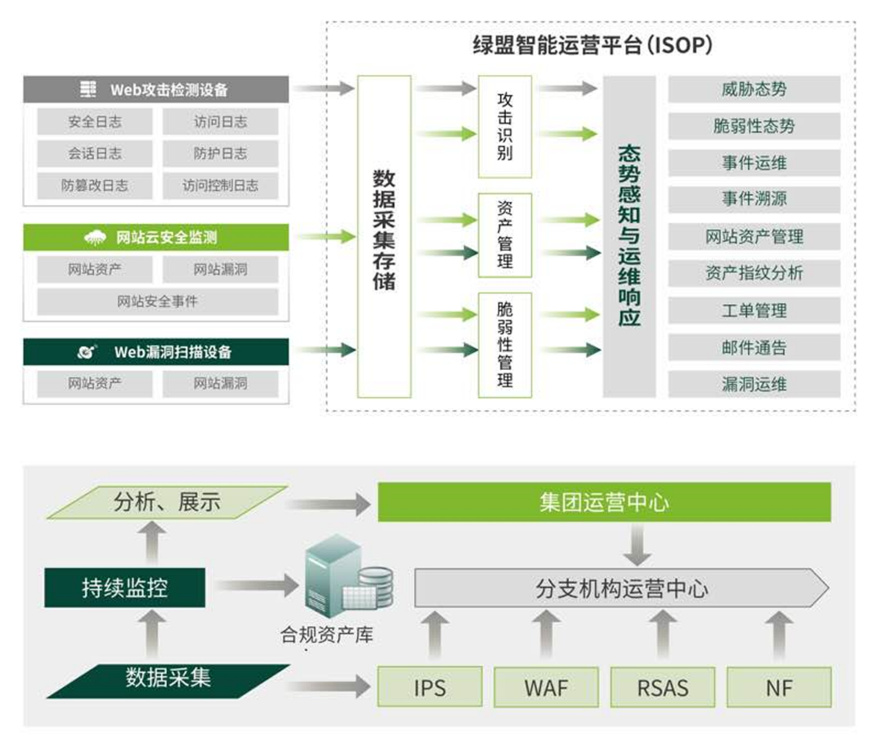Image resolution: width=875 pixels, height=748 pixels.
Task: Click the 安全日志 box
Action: [94, 122]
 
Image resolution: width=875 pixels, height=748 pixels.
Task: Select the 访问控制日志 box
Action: [220, 185]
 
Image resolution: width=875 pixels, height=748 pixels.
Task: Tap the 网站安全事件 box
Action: [157, 301]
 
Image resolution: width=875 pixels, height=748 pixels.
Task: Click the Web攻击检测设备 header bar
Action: [156, 90]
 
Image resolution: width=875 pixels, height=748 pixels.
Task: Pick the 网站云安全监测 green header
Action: [156, 238]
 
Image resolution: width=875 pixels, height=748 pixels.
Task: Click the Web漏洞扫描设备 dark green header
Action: [156, 352]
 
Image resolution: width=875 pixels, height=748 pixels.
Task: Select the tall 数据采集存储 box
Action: [383, 236]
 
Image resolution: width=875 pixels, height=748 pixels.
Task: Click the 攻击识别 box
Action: [505, 127]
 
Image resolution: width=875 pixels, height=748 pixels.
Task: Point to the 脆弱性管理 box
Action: [505, 344]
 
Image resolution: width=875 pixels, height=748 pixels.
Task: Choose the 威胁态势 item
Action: [754, 90]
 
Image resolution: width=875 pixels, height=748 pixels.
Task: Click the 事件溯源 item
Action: [754, 200]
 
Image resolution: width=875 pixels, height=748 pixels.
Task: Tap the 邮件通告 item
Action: [754, 348]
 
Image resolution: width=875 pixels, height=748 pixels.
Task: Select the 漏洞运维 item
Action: [754, 384]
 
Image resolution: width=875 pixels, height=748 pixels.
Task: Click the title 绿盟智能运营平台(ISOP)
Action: [592, 45]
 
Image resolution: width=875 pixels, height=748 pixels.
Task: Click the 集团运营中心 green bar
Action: [604, 502]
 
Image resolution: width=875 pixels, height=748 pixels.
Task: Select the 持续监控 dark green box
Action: [125, 588]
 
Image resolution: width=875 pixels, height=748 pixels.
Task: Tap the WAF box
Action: [546, 687]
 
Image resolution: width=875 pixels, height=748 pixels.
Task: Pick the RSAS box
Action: [662, 687]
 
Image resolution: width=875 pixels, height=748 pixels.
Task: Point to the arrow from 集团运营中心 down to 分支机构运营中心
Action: [637, 544]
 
